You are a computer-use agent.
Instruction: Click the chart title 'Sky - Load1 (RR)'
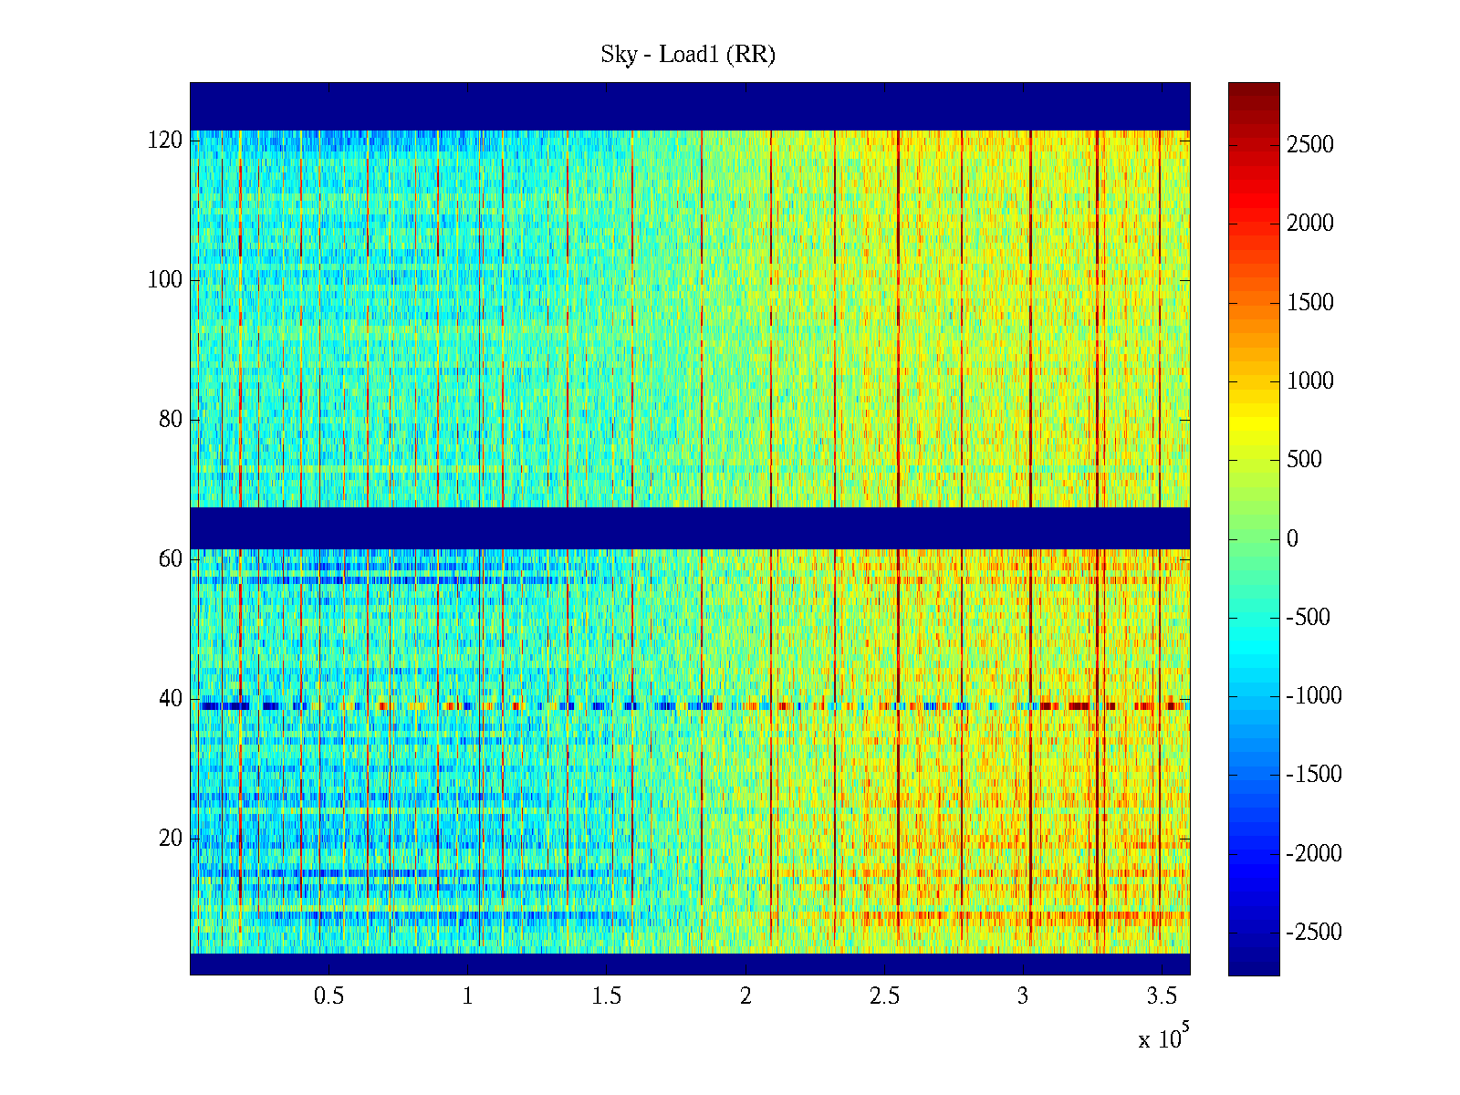688,55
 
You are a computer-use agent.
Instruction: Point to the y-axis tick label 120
165,141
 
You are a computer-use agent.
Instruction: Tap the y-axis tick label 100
165,280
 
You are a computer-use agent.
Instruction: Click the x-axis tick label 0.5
328,996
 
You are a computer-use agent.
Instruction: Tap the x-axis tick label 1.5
606,996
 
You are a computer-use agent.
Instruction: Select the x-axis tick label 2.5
884,996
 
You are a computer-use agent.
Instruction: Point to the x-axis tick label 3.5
1162,996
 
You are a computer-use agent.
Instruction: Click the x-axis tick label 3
1023,996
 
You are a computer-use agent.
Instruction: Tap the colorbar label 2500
1309,144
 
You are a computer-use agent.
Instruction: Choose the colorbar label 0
1292,538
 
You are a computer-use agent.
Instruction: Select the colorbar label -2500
1314,933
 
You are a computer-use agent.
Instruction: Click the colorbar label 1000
1309,381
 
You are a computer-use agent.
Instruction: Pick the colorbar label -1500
1314,775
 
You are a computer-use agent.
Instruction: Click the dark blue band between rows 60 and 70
690,527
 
